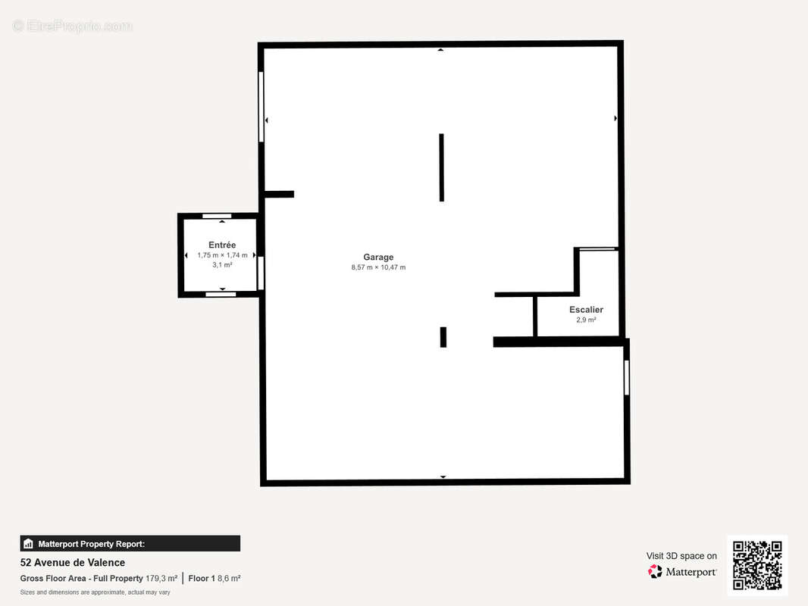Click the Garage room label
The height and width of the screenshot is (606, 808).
[378, 257]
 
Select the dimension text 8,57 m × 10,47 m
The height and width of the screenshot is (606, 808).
[378, 267]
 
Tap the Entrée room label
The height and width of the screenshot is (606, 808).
[222, 245]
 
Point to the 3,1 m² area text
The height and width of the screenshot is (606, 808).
[222, 265]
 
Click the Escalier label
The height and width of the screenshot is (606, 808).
[586, 309]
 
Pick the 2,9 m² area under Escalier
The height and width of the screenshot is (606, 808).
[586, 320]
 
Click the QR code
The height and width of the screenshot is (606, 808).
[757, 565]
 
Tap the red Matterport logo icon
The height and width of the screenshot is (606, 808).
[655, 571]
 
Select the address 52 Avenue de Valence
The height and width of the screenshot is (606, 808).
[73, 563]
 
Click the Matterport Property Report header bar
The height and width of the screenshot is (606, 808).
[130, 544]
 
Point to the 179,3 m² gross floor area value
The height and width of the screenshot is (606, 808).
[161, 578]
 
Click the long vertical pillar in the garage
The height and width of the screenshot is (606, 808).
[442, 167]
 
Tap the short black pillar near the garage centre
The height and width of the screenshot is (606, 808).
[443, 337]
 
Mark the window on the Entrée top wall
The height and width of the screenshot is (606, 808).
[217, 216]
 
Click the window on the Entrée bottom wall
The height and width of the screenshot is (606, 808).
[221, 295]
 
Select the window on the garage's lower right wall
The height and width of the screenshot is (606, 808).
[627, 378]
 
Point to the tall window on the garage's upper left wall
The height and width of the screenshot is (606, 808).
[262, 107]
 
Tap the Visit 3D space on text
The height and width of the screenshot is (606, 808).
[681, 556]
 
